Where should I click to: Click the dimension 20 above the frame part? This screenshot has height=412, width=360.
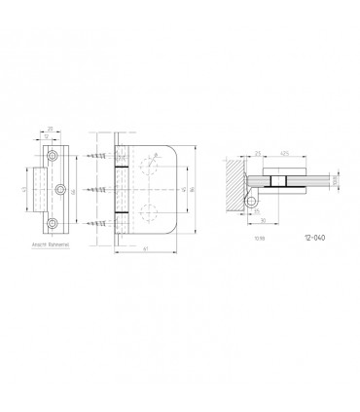[51, 128]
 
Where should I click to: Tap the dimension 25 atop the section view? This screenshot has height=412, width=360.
[257, 152]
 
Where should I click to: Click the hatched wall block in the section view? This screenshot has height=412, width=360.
[234, 184]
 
